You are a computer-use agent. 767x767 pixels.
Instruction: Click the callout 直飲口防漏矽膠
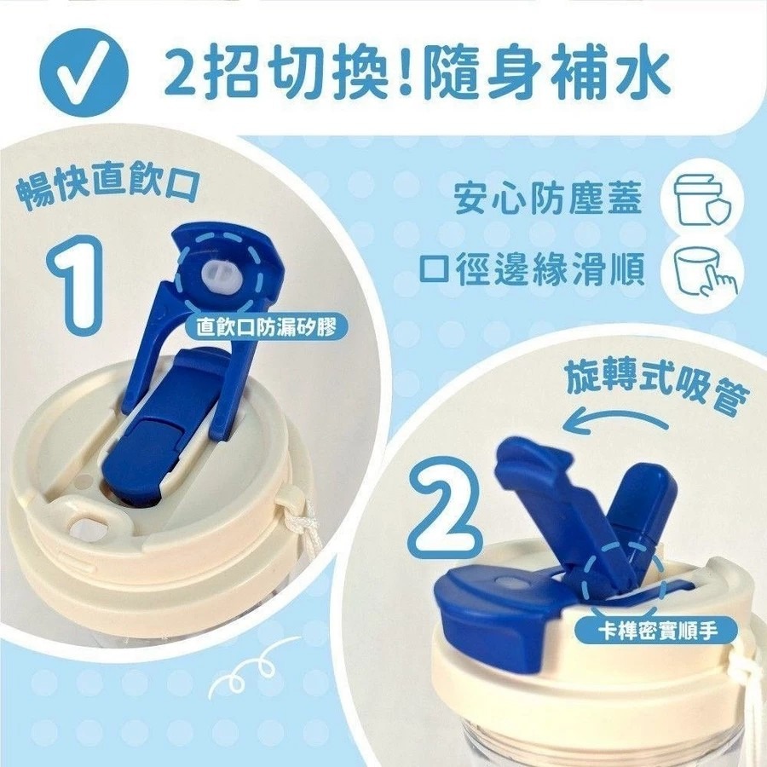point(266,326)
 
